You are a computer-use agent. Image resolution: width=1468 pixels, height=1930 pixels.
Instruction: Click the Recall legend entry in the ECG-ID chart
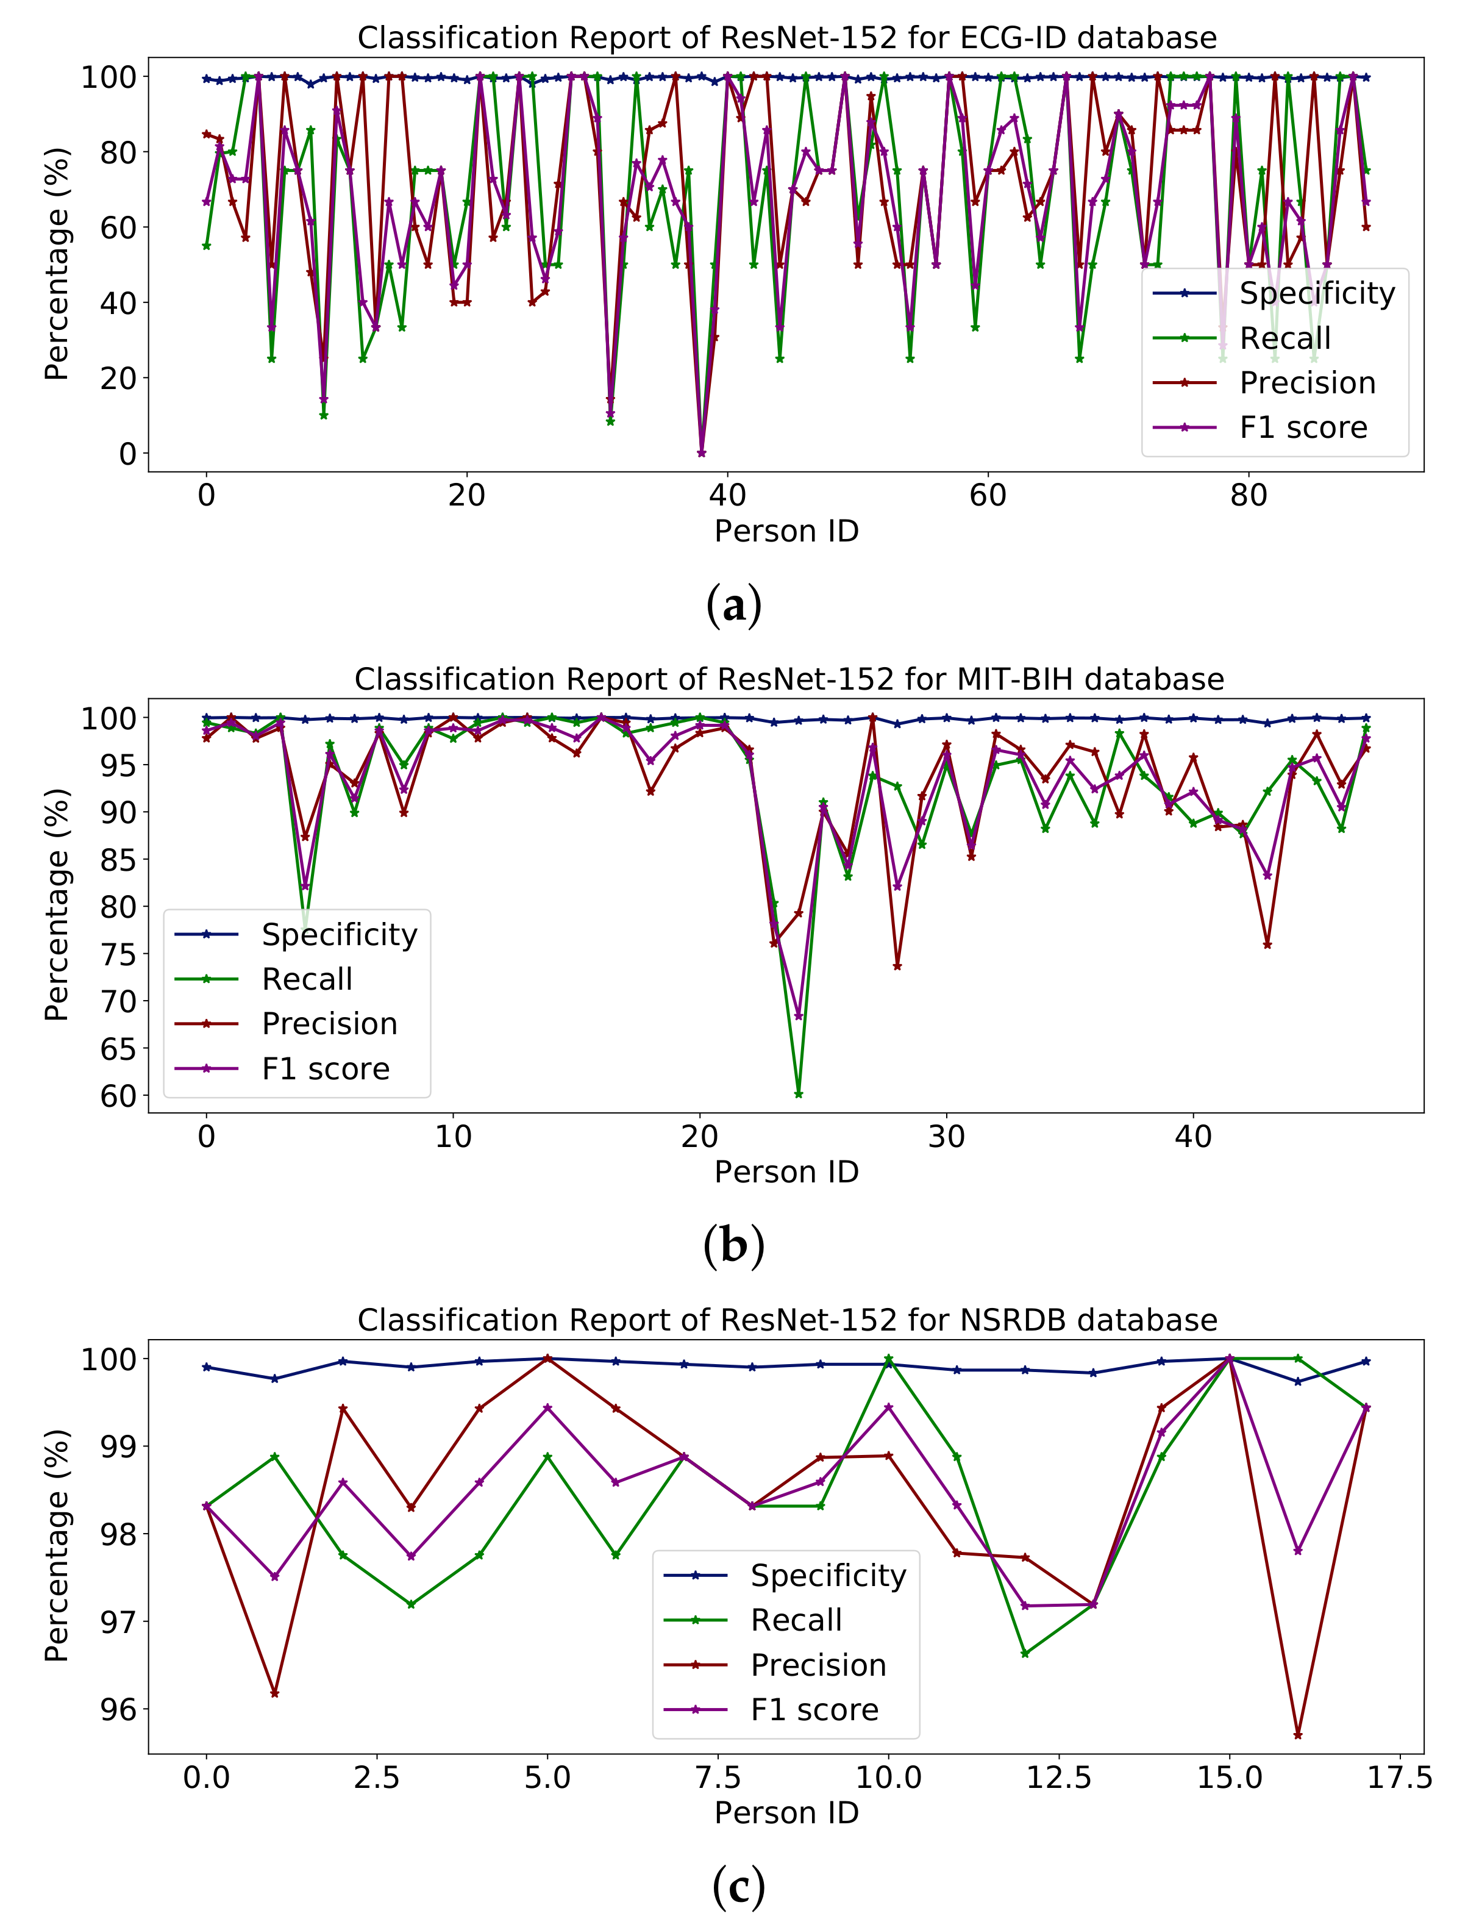(1284, 338)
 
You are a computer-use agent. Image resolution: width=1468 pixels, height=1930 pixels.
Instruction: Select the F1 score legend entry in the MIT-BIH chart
(325, 1069)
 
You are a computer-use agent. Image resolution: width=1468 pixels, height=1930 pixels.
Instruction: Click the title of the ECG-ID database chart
(786, 38)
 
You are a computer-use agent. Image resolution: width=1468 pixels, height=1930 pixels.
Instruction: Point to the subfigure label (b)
(734, 1246)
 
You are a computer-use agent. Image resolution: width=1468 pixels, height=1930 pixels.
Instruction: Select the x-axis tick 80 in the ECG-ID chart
(1249, 496)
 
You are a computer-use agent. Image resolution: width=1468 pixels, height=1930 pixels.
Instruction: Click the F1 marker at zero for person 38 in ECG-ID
(702, 453)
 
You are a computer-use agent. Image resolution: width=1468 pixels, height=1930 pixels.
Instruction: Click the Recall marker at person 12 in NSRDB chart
(1025, 1654)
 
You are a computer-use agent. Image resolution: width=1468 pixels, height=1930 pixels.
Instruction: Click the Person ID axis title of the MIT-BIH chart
(786, 1172)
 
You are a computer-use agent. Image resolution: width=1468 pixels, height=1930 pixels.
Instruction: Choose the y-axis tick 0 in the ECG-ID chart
(127, 454)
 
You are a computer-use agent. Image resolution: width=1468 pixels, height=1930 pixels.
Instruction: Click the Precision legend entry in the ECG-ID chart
(1307, 383)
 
